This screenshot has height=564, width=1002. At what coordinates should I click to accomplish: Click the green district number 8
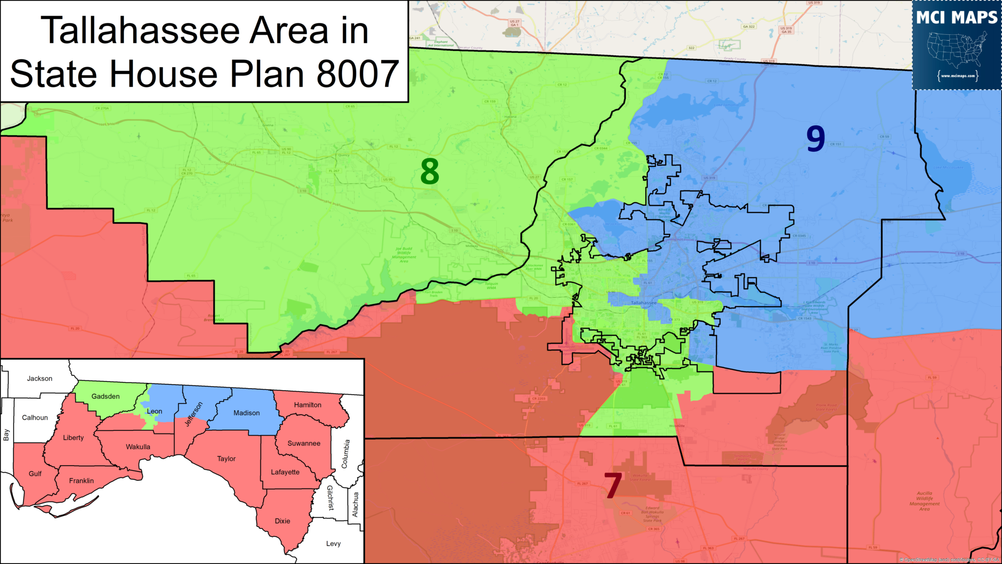430,171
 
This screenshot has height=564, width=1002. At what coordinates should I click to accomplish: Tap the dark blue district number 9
816,139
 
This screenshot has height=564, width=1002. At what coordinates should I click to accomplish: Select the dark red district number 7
613,485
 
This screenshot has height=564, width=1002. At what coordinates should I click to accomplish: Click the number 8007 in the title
358,74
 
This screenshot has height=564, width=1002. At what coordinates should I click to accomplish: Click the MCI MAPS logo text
956,18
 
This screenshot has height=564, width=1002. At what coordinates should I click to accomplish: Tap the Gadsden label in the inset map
106,396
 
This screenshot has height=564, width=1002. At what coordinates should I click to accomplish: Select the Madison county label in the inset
247,413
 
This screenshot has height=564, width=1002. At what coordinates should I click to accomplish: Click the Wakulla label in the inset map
138,446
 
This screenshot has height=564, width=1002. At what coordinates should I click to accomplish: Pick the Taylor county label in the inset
227,459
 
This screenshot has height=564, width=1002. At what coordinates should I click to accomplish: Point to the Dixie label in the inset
282,521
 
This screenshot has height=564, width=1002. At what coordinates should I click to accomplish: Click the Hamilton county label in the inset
308,405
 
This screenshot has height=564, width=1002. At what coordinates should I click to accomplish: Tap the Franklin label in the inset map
81,481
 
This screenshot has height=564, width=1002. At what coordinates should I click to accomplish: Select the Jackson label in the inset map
40,378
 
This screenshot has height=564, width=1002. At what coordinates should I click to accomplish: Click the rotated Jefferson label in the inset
194,414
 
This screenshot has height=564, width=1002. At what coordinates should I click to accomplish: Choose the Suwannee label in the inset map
304,443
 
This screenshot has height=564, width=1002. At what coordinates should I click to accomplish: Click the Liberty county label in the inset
73,438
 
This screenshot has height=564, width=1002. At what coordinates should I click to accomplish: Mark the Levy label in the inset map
333,543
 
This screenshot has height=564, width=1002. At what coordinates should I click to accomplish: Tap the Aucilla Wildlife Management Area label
924,501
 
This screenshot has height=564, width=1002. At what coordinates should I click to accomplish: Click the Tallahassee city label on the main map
643,303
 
